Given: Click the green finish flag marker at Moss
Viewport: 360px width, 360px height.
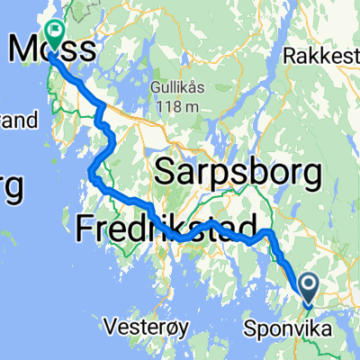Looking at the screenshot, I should click(56, 34).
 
